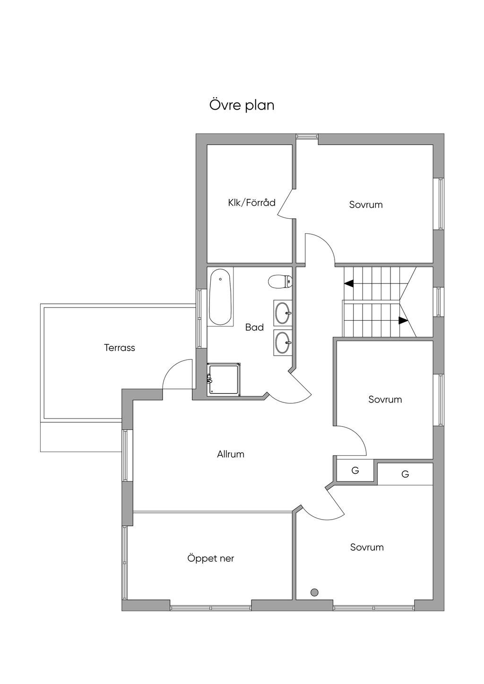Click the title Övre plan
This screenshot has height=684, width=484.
click(242, 105)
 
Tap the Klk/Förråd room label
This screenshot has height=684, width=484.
click(252, 203)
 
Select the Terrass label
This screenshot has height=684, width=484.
click(120, 348)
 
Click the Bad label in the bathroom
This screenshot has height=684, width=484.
click(255, 327)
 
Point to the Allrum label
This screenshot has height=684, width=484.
click(231, 454)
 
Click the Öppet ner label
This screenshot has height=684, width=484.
click(210, 558)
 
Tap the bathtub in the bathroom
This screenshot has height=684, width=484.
click(220, 297)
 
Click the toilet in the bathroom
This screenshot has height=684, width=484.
click(280, 282)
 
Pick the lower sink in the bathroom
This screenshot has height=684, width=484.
click(283, 342)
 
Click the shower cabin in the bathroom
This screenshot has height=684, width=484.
click(224, 380)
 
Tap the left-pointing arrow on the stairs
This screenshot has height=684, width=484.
click(349, 284)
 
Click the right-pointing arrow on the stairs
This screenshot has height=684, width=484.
click(403, 320)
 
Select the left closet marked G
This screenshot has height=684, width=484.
click(355, 470)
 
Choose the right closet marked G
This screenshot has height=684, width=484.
click(405, 474)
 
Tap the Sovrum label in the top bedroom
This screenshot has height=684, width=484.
click(366, 204)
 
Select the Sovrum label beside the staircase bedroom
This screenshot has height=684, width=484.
click(385, 400)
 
